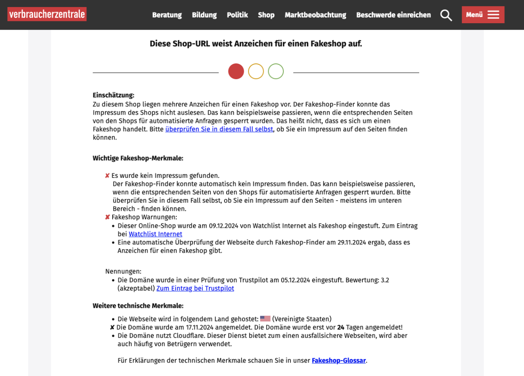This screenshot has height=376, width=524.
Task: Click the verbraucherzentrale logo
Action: click(x=47, y=14)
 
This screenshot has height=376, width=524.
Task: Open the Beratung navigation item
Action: click(x=167, y=15)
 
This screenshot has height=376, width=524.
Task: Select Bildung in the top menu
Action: click(x=204, y=15)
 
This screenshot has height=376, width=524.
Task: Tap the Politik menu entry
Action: click(x=237, y=15)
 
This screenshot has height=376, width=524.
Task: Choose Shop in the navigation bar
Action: click(x=266, y=15)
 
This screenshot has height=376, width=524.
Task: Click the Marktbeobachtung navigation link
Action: click(x=315, y=15)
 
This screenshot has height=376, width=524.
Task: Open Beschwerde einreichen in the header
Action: click(x=393, y=15)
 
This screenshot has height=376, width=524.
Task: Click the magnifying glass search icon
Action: click(x=446, y=15)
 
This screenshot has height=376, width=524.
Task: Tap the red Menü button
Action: click(x=483, y=15)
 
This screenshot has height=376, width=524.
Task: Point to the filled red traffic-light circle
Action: click(x=236, y=71)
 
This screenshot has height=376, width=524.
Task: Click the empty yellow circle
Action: click(x=256, y=71)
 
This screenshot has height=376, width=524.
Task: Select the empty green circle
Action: click(x=276, y=71)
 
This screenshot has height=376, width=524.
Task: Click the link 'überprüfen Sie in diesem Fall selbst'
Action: click(x=219, y=129)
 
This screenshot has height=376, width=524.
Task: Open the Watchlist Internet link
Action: click(x=155, y=234)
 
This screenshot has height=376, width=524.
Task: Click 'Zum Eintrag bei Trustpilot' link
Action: click(x=195, y=289)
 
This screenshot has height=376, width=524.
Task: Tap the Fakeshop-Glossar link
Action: click(x=338, y=361)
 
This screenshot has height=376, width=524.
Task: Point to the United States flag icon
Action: click(x=265, y=319)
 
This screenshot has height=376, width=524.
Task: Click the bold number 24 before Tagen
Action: click(x=341, y=327)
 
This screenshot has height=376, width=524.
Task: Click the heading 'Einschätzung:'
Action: click(x=114, y=95)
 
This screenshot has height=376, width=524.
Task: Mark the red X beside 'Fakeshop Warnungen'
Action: click(x=107, y=217)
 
